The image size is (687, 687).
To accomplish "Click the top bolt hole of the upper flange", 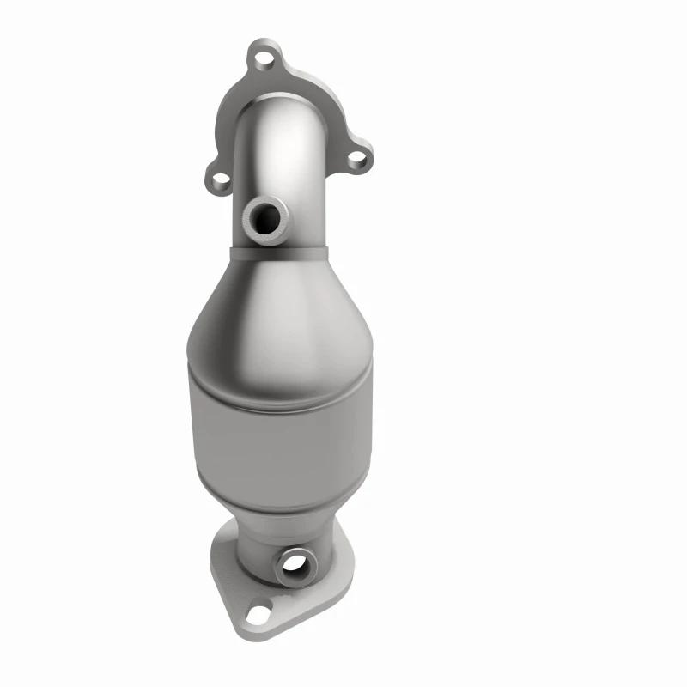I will point(263,60).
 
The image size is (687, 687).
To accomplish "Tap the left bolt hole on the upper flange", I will point(221,180).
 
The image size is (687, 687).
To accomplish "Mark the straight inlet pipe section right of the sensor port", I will point(309,215).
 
